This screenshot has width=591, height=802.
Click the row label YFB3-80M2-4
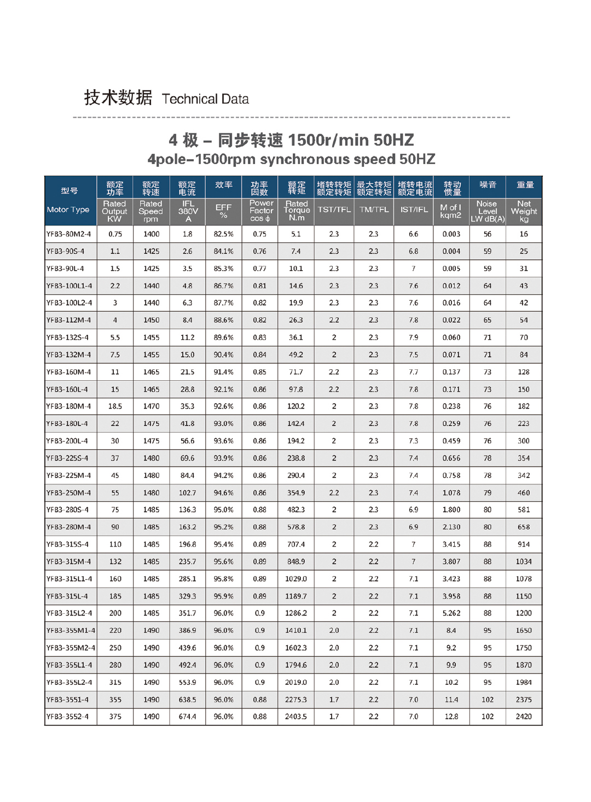coord(69,234)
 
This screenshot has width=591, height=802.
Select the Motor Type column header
coord(68,210)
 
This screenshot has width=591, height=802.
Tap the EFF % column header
coord(223,211)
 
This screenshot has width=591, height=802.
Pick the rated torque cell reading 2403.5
coord(296,717)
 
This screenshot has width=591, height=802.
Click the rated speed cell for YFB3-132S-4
coord(151,338)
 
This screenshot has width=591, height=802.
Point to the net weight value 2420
coord(524,717)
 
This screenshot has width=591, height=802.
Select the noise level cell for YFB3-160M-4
coord(487,372)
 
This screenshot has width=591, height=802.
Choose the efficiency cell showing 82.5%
coord(223,234)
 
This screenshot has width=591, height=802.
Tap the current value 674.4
coord(187,717)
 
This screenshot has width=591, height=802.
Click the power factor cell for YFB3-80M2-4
coord(259,234)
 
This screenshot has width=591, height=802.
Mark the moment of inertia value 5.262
coord(451,613)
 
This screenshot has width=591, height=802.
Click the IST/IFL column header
coord(414,210)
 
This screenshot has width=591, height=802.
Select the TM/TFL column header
coord(374,210)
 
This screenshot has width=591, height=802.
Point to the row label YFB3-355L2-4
coord(69,682)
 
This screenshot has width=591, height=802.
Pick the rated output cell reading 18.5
coord(115,406)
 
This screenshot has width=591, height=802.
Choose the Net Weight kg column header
coord(524,211)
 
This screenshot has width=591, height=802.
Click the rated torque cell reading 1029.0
coord(296,579)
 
